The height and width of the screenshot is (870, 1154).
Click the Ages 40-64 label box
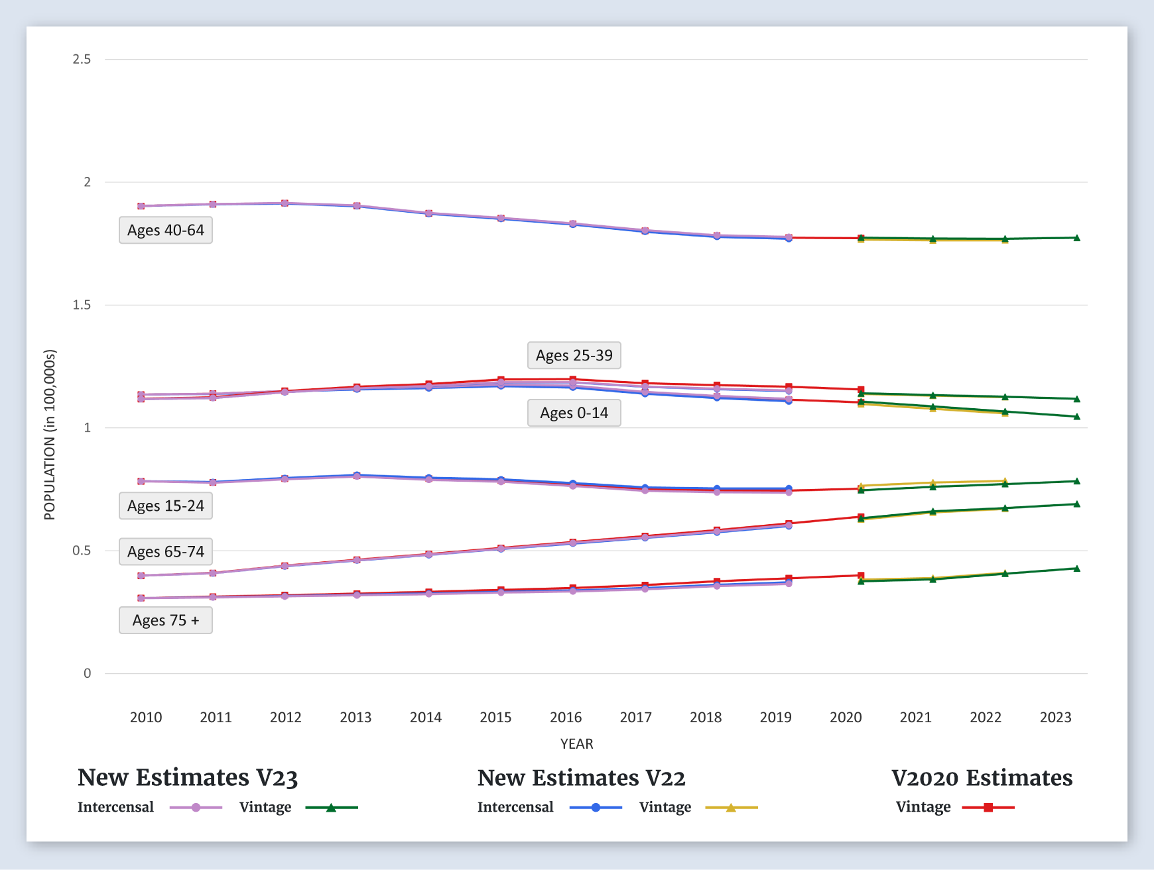point(166,230)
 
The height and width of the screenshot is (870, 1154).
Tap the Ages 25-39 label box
point(574,355)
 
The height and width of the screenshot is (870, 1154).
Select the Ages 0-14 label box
point(574,413)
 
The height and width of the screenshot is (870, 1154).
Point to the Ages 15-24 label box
point(166,506)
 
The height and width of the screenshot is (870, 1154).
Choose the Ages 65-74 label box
point(166,551)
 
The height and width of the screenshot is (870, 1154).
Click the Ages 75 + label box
point(166,620)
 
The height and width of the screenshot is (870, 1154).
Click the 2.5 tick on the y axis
point(82,59)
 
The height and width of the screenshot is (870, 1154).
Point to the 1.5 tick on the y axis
point(82,305)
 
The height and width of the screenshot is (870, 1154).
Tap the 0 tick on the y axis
point(87,673)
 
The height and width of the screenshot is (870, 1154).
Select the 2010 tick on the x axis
point(146,717)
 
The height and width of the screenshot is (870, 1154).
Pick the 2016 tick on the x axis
point(566,717)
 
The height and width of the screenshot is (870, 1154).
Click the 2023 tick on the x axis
point(1055,717)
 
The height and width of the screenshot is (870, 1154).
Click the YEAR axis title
point(576,743)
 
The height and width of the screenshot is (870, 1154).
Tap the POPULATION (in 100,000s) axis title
point(50,435)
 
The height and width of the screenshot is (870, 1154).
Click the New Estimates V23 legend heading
point(188,777)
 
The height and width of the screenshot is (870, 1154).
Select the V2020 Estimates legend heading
point(982,777)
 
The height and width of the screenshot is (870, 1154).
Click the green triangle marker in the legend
point(331,808)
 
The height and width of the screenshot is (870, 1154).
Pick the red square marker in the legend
point(988,808)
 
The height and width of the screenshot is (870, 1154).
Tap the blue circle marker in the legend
point(596,808)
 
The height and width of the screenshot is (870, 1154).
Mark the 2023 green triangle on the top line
point(1076,238)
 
